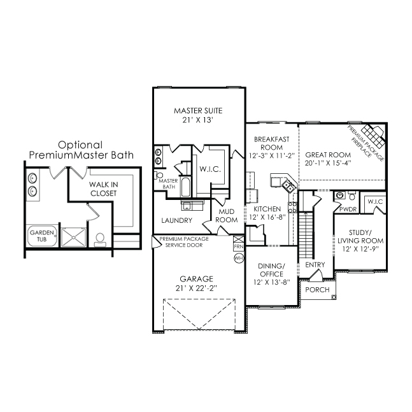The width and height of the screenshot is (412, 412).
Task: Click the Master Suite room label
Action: (198, 111)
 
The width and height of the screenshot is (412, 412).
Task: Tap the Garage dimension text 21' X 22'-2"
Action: (196, 288)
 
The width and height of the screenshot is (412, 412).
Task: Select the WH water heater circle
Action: (239, 258)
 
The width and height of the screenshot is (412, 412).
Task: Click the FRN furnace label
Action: (239, 247)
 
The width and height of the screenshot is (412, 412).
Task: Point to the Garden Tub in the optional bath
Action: (42, 236)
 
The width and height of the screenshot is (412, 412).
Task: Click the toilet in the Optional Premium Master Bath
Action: (100, 240)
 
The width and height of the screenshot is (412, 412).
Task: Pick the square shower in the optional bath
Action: (74, 238)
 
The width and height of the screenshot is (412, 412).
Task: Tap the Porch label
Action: (317, 290)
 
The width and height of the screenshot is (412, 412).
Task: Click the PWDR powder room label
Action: (348, 210)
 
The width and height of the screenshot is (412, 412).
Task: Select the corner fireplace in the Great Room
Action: (373, 136)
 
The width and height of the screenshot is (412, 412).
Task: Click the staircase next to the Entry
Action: (306, 235)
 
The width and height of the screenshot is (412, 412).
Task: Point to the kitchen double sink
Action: (288, 186)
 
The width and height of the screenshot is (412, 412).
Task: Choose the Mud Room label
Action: (227, 216)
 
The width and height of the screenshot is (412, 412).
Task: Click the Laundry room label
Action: (176, 220)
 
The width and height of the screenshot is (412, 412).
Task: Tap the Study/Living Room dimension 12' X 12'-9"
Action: (360, 248)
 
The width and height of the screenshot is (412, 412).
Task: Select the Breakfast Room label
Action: (272, 143)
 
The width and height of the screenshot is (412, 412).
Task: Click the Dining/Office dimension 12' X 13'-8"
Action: (272, 282)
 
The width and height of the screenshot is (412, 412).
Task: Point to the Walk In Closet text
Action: (104, 189)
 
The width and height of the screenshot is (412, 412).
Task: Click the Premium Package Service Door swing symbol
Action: (157, 242)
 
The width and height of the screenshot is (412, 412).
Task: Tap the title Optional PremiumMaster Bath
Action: (82, 150)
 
